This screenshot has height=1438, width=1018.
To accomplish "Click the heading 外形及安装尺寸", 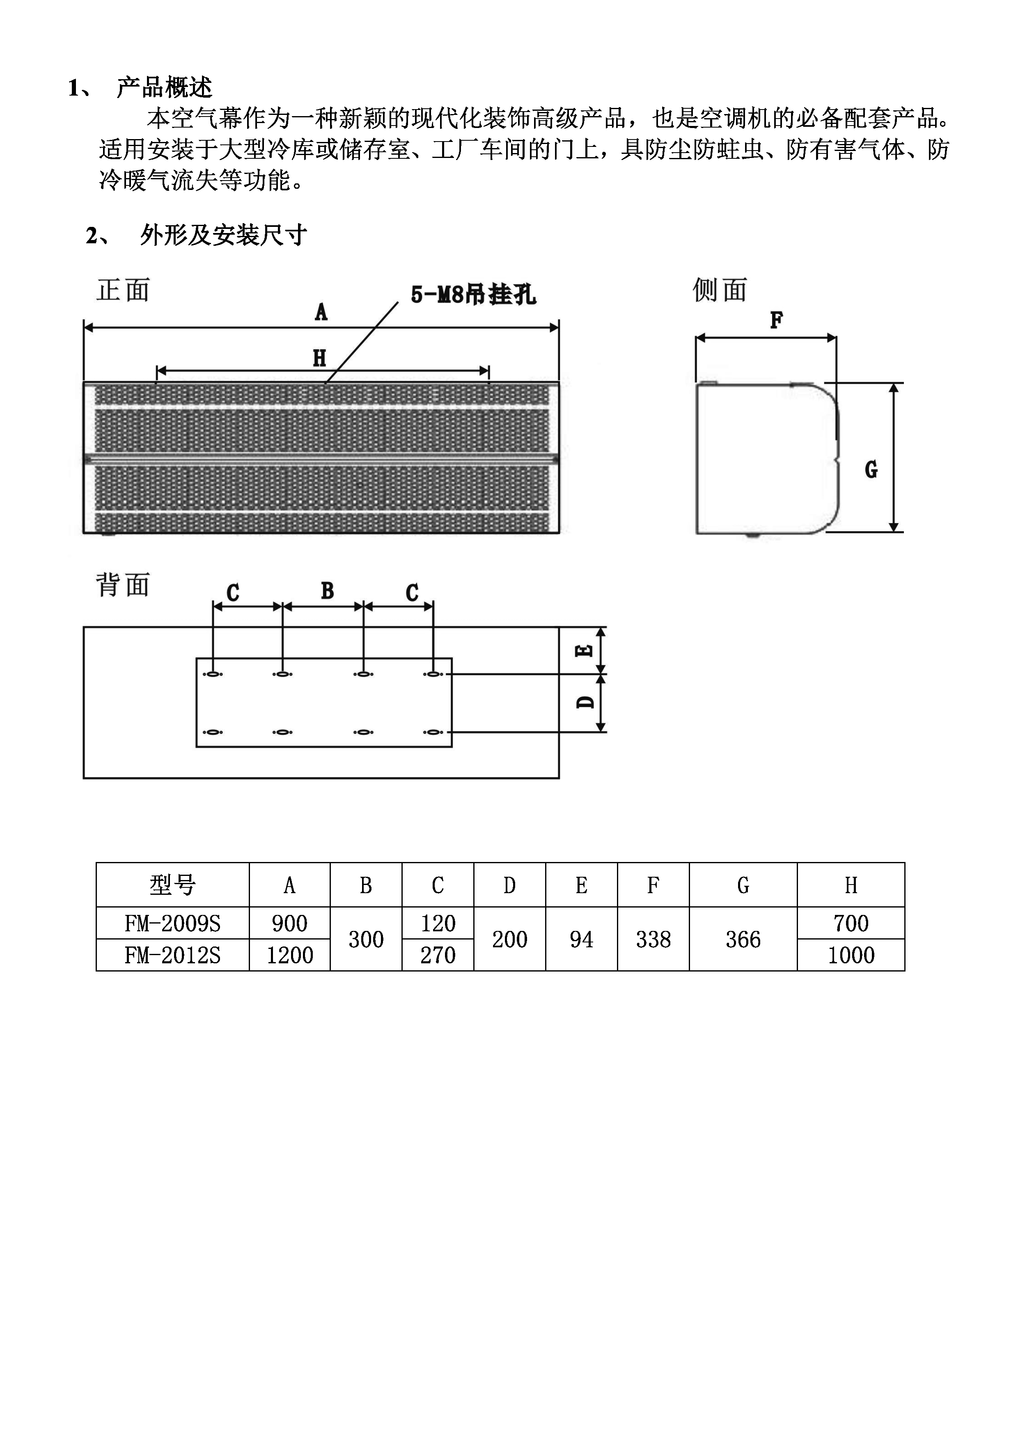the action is [x=224, y=235].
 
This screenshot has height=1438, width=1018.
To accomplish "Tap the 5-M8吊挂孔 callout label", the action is [x=473, y=295].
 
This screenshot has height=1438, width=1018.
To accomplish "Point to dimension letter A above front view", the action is [x=321, y=311].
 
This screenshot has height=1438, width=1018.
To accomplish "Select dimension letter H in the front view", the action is [x=320, y=359].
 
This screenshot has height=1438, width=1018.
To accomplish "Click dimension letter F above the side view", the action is [x=776, y=320].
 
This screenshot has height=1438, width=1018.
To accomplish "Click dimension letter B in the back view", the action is [x=327, y=591].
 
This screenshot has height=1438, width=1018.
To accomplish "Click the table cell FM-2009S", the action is [x=172, y=923].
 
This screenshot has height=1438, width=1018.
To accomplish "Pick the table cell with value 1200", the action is [x=290, y=955].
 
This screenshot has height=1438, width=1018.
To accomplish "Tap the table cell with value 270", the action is [x=438, y=955].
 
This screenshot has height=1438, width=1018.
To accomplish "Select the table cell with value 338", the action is [x=653, y=939].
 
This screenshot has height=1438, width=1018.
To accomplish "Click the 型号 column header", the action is [x=172, y=885].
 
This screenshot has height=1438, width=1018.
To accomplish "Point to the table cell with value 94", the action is [x=581, y=939].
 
